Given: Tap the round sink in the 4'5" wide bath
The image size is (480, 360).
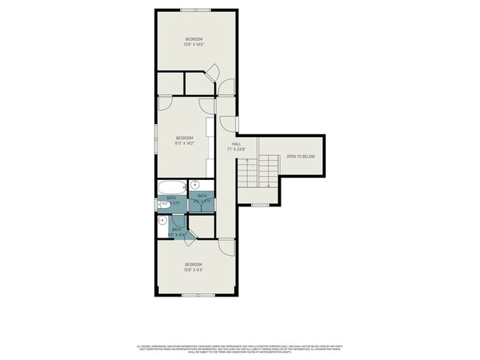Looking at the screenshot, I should (x=196, y=186).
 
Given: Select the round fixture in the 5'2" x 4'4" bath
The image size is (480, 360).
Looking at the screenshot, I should (x=162, y=221).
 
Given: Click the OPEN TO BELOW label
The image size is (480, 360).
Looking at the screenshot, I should (x=301, y=156).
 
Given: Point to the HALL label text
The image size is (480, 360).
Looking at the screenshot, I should (x=236, y=144).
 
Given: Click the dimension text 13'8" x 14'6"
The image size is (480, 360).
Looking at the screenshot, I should (x=193, y=44).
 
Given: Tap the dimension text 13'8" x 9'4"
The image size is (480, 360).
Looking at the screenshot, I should (x=193, y=269).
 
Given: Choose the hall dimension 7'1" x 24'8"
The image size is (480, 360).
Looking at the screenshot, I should (x=236, y=149).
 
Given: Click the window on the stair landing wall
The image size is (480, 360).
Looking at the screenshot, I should (x=260, y=204).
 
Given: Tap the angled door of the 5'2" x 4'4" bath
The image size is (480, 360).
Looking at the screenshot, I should (x=190, y=235).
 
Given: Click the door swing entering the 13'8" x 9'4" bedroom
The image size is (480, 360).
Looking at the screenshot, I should (x=226, y=246).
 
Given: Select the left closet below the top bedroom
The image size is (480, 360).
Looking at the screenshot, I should (x=171, y=83).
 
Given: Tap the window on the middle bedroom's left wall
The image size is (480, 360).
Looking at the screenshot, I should (x=156, y=137).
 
